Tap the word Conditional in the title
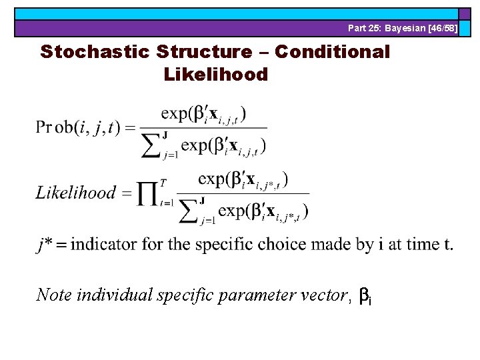pyautogui.click(x=332, y=52)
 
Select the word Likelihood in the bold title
pyautogui.click(x=215, y=74)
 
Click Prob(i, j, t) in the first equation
pyautogui.click(x=79, y=127)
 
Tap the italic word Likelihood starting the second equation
pyautogui.click(x=75, y=193)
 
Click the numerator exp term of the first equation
pyautogui.click(x=203, y=113)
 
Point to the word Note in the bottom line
pyautogui.click(x=55, y=294)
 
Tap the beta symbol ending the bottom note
pyautogui.click(x=365, y=295)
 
